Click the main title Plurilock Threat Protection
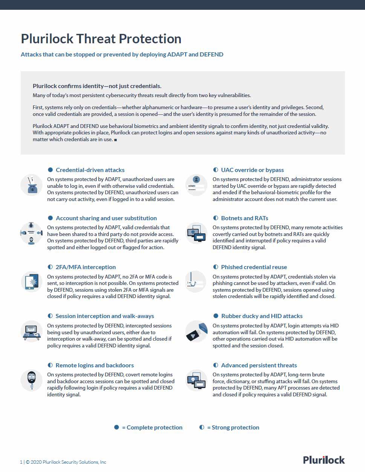101,39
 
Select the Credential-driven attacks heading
90,170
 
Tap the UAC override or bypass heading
252,170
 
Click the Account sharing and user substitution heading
106,218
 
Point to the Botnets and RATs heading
244,218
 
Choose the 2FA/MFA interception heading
86,267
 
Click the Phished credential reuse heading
254,267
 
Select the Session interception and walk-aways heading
105,316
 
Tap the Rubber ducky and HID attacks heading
262,316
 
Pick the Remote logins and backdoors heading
95,365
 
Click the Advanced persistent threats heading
259,365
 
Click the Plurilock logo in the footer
324,460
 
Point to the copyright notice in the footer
63,462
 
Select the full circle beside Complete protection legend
117,427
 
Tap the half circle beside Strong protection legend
202,427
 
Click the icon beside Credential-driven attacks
31,185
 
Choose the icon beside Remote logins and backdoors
31,380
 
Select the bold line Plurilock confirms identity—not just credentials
97,86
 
